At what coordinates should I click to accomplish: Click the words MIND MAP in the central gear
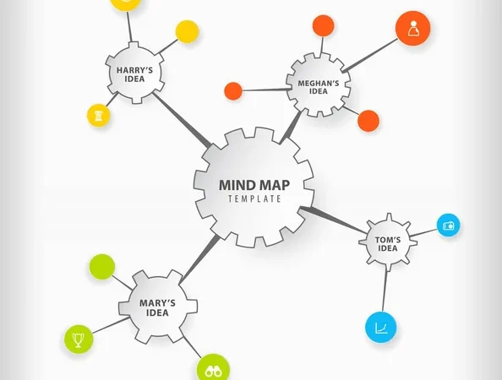[x=254, y=185]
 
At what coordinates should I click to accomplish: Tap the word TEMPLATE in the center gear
[x=254, y=199]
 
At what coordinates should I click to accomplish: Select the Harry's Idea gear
[x=134, y=73]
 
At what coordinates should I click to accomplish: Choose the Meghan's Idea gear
[x=319, y=85]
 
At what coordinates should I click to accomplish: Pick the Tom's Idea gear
[x=388, y=242]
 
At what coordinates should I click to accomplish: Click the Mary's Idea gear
[x=158, y=307]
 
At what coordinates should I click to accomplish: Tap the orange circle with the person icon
[x=412, y=28]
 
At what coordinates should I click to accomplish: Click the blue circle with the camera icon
[x=448, y=225]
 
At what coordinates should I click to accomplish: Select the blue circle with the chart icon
[x=381, y=328]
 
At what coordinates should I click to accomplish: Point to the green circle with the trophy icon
[x=79, y=339]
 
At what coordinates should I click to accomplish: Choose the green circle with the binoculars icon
[x=213, y=368]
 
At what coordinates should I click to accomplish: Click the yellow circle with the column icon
[x=99, y=115]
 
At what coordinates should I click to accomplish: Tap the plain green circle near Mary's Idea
[x=101, y=267]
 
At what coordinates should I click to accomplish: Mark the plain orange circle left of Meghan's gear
[x=233, y=91]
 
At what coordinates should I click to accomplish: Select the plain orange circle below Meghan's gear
[x=368, y=121]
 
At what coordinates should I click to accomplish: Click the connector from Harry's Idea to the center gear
[x=182, y=120]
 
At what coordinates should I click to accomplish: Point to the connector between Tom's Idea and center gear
[x=333, y=220]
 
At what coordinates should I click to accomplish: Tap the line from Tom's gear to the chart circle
[x=385, y=290]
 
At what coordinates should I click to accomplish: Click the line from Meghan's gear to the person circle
[x=370, y=55]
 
